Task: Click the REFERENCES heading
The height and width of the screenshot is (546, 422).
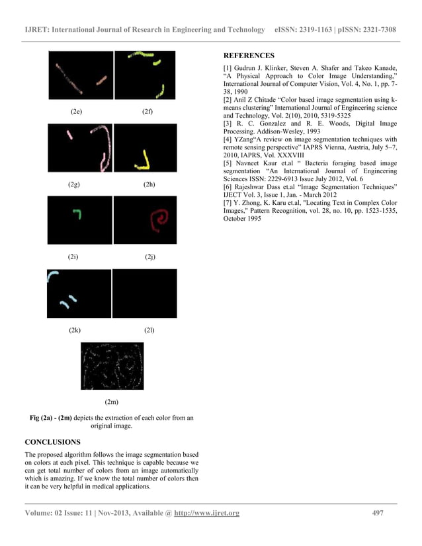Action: [248, 56]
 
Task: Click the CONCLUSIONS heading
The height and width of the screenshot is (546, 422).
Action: [52, 441]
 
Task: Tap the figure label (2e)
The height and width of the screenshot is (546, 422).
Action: [76, 111]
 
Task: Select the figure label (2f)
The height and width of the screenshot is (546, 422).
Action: [148, 111]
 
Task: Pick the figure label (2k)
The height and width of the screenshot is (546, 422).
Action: [75, 329]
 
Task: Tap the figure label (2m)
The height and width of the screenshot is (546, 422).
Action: [112, 401]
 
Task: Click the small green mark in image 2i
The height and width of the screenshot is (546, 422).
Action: [77, 213]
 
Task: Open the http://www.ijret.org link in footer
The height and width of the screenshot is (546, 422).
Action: [206, 514]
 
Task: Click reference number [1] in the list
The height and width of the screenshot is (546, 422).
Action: [229, 68]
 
